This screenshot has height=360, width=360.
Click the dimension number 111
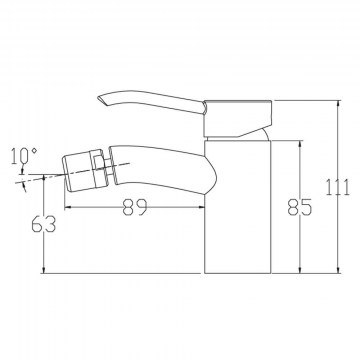click(x=338, y=187)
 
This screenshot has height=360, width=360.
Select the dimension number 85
click(x=300, y=207)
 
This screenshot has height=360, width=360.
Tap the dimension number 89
click(x=135, y=207)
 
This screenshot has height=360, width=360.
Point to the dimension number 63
click(x=44, y=224)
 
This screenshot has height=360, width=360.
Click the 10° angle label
click(x=24, y=156)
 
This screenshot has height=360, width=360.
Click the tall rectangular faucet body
click(x=238, y=207)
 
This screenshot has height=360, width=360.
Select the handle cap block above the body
click(x=239, y=118)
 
